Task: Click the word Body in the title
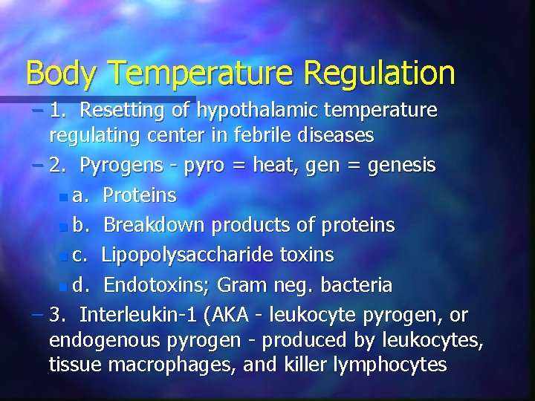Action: [60, 73]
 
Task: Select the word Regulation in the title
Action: [379, 73]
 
